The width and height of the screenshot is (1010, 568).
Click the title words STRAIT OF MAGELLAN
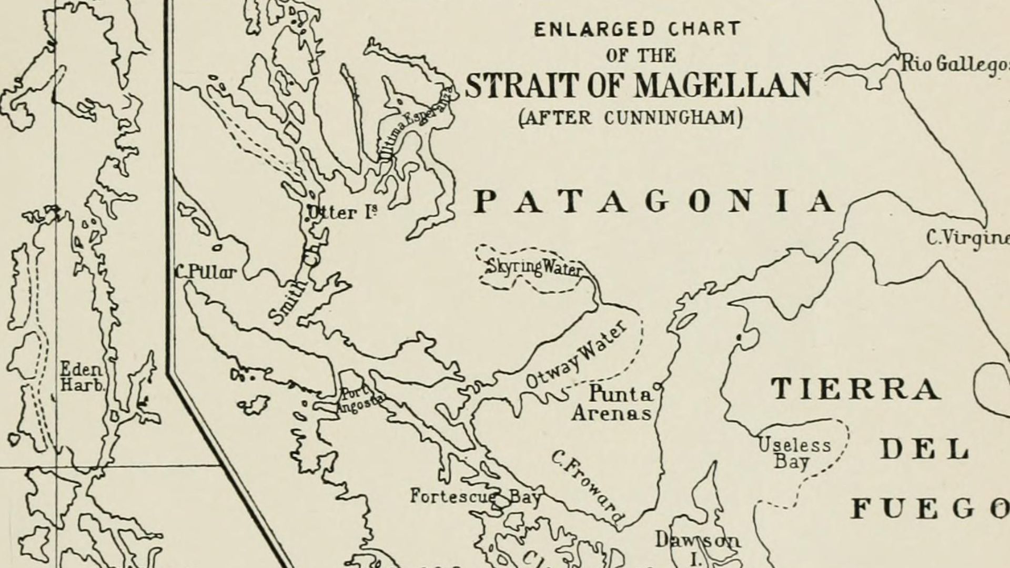pos(638,86)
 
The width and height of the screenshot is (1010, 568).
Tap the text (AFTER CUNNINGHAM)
pos(631,117)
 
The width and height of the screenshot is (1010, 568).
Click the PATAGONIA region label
pos(655,202)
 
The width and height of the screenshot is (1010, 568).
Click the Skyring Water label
pos(533,268)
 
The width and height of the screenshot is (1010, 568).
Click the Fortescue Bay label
pos(474,496)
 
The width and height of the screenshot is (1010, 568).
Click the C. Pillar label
pos(206,272)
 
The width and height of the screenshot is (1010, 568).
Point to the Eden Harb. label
pos(82,377)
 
